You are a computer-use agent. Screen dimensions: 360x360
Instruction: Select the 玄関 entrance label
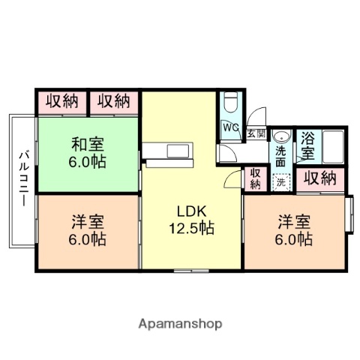coord(256,133)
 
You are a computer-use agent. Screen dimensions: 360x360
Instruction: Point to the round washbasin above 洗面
coord(280,137)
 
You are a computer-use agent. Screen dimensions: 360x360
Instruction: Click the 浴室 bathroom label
coord(307,145)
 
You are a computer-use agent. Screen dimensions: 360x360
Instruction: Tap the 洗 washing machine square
coord(280,181)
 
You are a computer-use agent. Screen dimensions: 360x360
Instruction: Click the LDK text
coord(190,210)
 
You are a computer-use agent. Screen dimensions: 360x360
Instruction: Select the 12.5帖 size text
coord(190,228)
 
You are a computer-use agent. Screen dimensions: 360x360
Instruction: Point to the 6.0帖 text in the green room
coord(88,162)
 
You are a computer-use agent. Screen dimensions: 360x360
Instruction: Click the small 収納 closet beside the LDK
coord(255,178)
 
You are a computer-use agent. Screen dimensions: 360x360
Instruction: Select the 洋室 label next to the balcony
coord(88,222)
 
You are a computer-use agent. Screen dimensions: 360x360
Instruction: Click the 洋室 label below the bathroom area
coord(295,222)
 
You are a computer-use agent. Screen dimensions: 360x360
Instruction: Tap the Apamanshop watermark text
coord(180,324)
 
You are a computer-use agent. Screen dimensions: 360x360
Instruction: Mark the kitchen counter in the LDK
coord(169,151)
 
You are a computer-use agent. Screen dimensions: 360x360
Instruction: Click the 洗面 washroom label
coord(280,156)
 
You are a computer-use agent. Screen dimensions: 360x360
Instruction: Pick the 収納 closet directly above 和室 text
coord(63,101)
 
